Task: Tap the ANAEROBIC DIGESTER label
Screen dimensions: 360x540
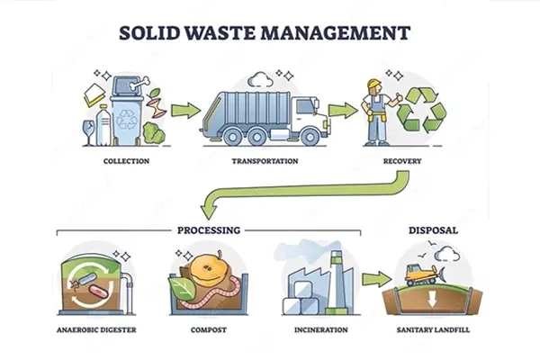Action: pos(96,330)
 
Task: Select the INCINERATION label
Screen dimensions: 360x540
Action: pos(321,330)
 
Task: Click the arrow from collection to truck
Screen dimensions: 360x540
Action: pos(184,111)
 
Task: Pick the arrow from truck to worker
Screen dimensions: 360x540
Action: pos(339,111)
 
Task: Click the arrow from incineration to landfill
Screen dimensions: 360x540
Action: pos(373,280)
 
